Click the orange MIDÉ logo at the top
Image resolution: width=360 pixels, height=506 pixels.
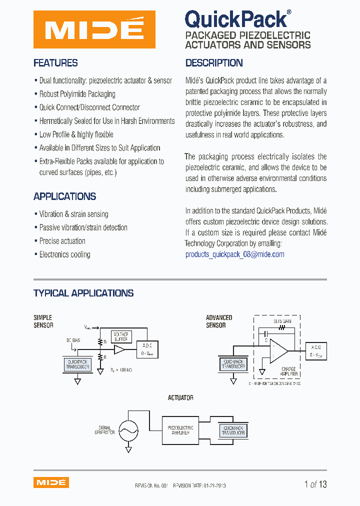94,29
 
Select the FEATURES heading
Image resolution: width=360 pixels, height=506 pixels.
55,63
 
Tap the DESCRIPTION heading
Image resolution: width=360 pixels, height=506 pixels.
214,63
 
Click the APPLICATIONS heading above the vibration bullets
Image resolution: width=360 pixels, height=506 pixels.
64,196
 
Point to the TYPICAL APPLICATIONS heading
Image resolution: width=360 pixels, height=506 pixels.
83,293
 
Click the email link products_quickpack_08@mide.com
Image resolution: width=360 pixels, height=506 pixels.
234,254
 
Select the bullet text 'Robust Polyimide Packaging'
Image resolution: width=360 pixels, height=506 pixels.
77,94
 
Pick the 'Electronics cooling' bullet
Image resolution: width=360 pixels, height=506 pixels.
64,254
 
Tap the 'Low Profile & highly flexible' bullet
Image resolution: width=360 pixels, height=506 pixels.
76,134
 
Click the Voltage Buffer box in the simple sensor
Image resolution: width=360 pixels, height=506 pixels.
120,336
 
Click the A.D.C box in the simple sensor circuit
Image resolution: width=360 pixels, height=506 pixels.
148,348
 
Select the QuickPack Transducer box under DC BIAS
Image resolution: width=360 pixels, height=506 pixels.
77,364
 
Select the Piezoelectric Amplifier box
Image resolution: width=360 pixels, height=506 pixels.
180,430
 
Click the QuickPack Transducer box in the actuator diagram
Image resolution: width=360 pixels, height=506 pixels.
233,430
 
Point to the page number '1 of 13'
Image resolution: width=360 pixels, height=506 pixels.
315,484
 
